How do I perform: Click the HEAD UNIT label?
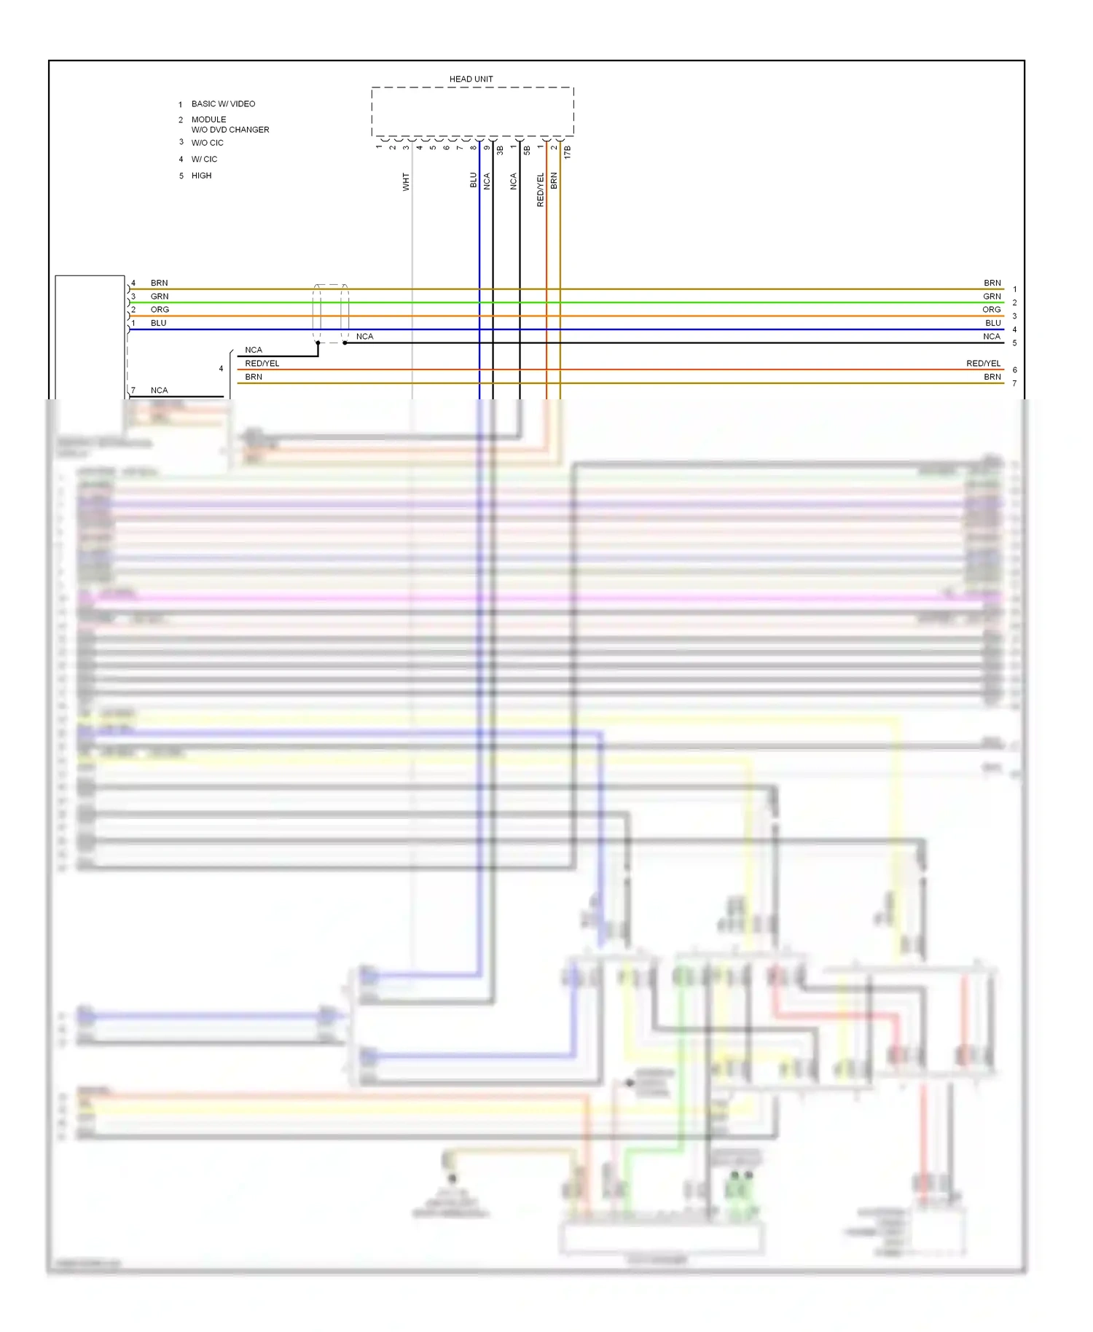(471, 79)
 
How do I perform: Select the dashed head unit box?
(472, 111)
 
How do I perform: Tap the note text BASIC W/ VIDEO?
(223, 104)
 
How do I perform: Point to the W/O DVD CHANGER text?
(230, 130)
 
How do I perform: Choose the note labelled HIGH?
(201, 176)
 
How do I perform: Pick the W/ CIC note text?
(204, 159)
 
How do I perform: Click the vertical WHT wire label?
(406, 181)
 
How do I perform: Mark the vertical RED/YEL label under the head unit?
(540, 189)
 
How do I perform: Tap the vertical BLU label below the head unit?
(473, 180)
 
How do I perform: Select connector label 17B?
(567, 152)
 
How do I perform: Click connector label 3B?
(500, 150)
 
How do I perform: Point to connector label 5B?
(527, 150)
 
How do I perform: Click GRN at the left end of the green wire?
(159, 297)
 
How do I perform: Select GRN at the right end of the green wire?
(992, 297)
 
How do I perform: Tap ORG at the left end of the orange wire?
(160, 310)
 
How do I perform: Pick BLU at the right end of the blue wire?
(993, 323)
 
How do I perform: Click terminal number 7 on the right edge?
(1014, 383)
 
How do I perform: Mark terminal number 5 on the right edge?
(1014, 343)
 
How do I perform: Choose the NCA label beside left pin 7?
(159, 391)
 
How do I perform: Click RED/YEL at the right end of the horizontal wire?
(983, 364)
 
